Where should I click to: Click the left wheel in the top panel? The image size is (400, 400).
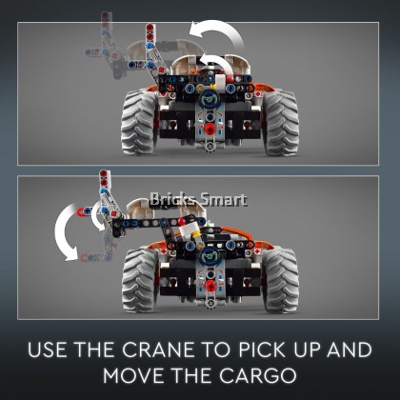tap(139, 122)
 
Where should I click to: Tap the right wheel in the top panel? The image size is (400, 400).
tap(280, 122)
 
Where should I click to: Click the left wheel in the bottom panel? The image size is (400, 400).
tap(140, 280)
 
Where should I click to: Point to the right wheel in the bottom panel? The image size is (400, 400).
tap(280, 280)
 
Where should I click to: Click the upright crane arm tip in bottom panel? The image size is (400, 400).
tap(104, 177)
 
